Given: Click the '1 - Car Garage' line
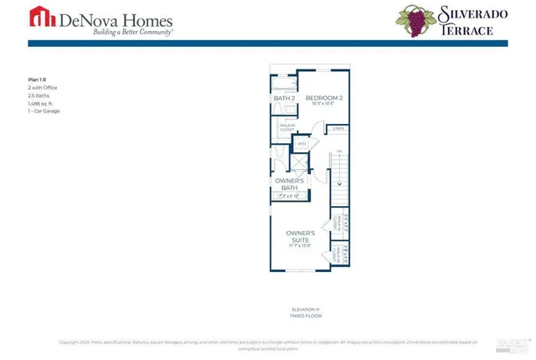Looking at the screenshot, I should point(44,111).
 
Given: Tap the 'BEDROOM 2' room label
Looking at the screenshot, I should point(323,99).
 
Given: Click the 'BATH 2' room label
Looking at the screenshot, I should point(284,99).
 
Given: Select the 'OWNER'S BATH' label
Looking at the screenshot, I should point(289,184).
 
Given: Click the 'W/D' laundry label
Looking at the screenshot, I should point(302,145).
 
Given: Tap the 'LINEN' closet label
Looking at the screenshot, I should point(338,129).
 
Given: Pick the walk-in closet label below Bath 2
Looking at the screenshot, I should point(285,128).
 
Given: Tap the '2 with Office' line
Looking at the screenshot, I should point(43,88).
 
